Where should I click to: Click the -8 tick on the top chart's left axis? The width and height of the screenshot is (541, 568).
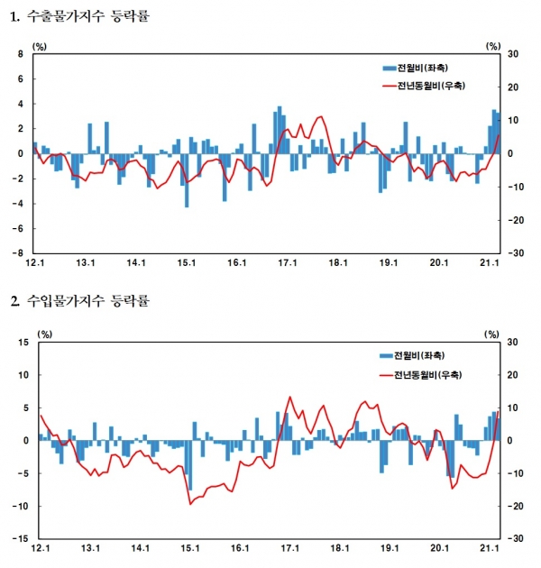(x=18, y=253)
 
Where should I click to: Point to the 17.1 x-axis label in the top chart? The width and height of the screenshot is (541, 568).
(x=288, y=263)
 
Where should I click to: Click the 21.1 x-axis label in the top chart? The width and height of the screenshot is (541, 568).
(x=489, y=263)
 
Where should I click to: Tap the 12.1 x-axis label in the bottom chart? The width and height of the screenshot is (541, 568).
(x=40, y=548)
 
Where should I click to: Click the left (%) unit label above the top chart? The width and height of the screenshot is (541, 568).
(x=39, y=44)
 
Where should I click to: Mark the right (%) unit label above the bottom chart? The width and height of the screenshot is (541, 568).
(x=492, y=334)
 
